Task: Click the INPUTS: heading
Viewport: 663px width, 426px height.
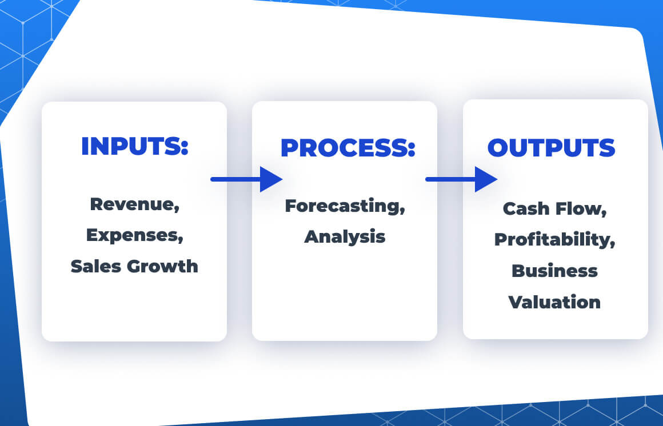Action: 134,146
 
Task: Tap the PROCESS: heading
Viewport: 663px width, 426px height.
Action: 348,148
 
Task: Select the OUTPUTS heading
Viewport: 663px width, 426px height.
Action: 551,147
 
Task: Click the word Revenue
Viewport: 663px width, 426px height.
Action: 133,204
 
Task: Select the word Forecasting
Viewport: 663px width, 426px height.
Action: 343,206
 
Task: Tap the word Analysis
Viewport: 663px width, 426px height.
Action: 345,236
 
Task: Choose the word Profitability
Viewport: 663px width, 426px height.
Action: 553,240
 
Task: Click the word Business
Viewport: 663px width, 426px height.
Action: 554,270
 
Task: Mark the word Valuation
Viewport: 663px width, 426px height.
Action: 554,301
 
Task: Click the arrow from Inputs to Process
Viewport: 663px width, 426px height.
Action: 246,179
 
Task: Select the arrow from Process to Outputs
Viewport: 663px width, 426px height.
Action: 461,179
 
